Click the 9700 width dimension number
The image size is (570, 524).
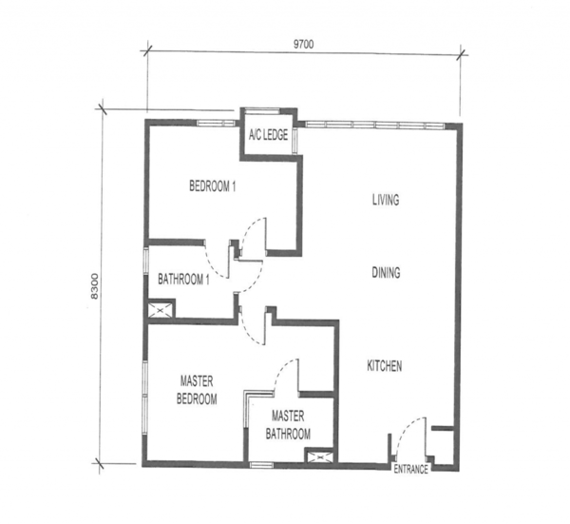click(304, 45)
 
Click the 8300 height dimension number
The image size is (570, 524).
click(94, 285)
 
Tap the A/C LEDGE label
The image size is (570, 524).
click(268, 135)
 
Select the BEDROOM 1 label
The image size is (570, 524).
click(212, 186)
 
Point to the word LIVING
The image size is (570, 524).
click(386, 200)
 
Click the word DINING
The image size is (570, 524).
click(386, 273)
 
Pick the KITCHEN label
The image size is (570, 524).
click(385, 366)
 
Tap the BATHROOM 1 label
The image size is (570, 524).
click(183, 280)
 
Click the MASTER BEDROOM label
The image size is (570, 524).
click(197, 390)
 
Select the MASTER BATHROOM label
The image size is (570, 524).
click(288, 425)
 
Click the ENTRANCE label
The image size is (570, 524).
click(410, 470)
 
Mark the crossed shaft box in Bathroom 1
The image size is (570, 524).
click(161, 310)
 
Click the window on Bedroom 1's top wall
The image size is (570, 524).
click(215, 123)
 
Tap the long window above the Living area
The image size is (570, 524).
click(374, 125)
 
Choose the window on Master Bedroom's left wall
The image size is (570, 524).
click(145, 397)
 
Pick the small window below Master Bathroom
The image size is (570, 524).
click(261, 464)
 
